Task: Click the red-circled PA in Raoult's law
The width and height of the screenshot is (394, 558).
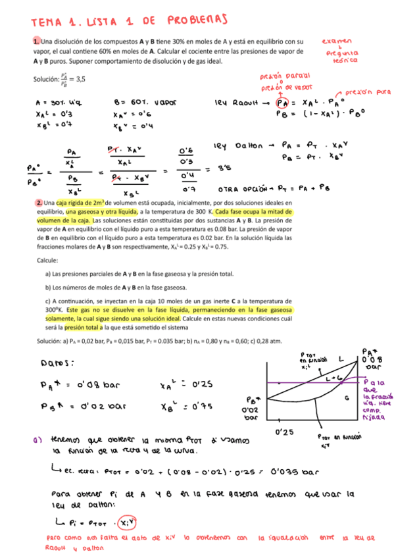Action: [x=283, y=103]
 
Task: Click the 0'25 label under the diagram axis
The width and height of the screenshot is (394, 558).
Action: [x=284, y=432]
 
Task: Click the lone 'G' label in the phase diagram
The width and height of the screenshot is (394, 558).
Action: [x=347, y=399]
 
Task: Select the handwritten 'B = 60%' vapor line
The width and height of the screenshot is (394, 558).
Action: [x=141, y=103]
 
